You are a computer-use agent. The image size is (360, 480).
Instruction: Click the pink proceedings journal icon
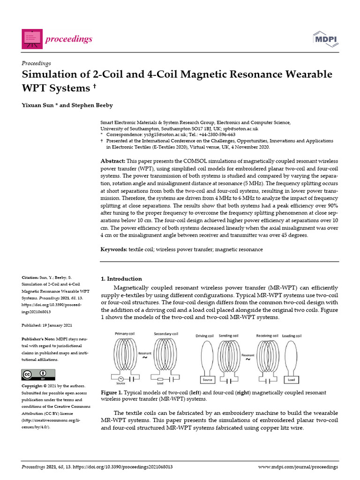31,39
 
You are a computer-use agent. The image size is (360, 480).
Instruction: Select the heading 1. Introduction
121,278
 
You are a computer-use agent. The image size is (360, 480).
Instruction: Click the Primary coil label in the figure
125,334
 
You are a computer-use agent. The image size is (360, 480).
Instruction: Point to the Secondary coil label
166,334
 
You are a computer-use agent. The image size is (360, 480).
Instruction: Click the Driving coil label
204,336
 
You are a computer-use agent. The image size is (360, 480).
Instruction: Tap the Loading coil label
292,336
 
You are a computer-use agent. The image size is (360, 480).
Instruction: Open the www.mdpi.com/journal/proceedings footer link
298,467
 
